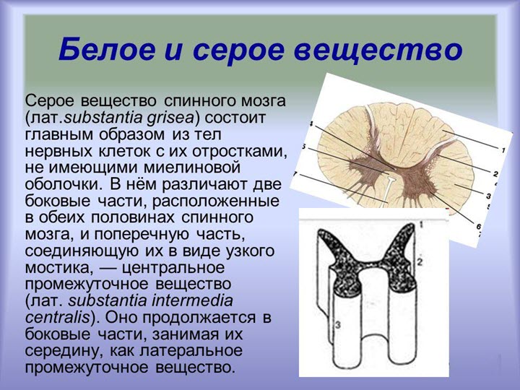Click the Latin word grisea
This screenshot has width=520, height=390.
click(x=175, y=116)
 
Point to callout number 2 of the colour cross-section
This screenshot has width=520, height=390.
click(x=495, y=174)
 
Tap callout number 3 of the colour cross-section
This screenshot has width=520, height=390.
click(x=488, y=195)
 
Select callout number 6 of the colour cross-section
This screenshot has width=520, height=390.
click(x=477, y=227)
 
